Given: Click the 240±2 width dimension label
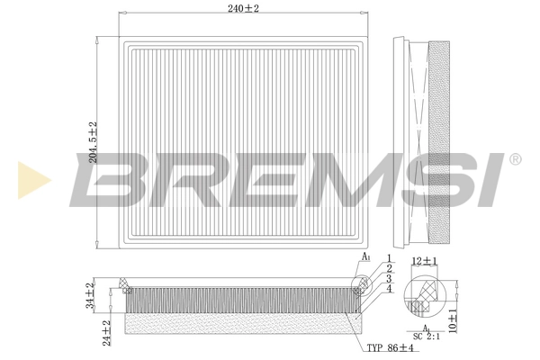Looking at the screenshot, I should click(242, 10).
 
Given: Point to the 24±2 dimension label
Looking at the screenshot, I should click(107, 332).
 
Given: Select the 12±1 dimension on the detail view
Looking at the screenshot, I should click(424, 262).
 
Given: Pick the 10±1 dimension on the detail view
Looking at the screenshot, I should click(453, 321).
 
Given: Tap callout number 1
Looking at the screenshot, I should click(389, 259).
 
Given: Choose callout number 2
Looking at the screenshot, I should click(389, 269).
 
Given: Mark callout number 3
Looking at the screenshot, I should click(389, 279).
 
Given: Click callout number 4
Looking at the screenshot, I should click(389, 289).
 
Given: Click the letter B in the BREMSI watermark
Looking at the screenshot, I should click(108, 179).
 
